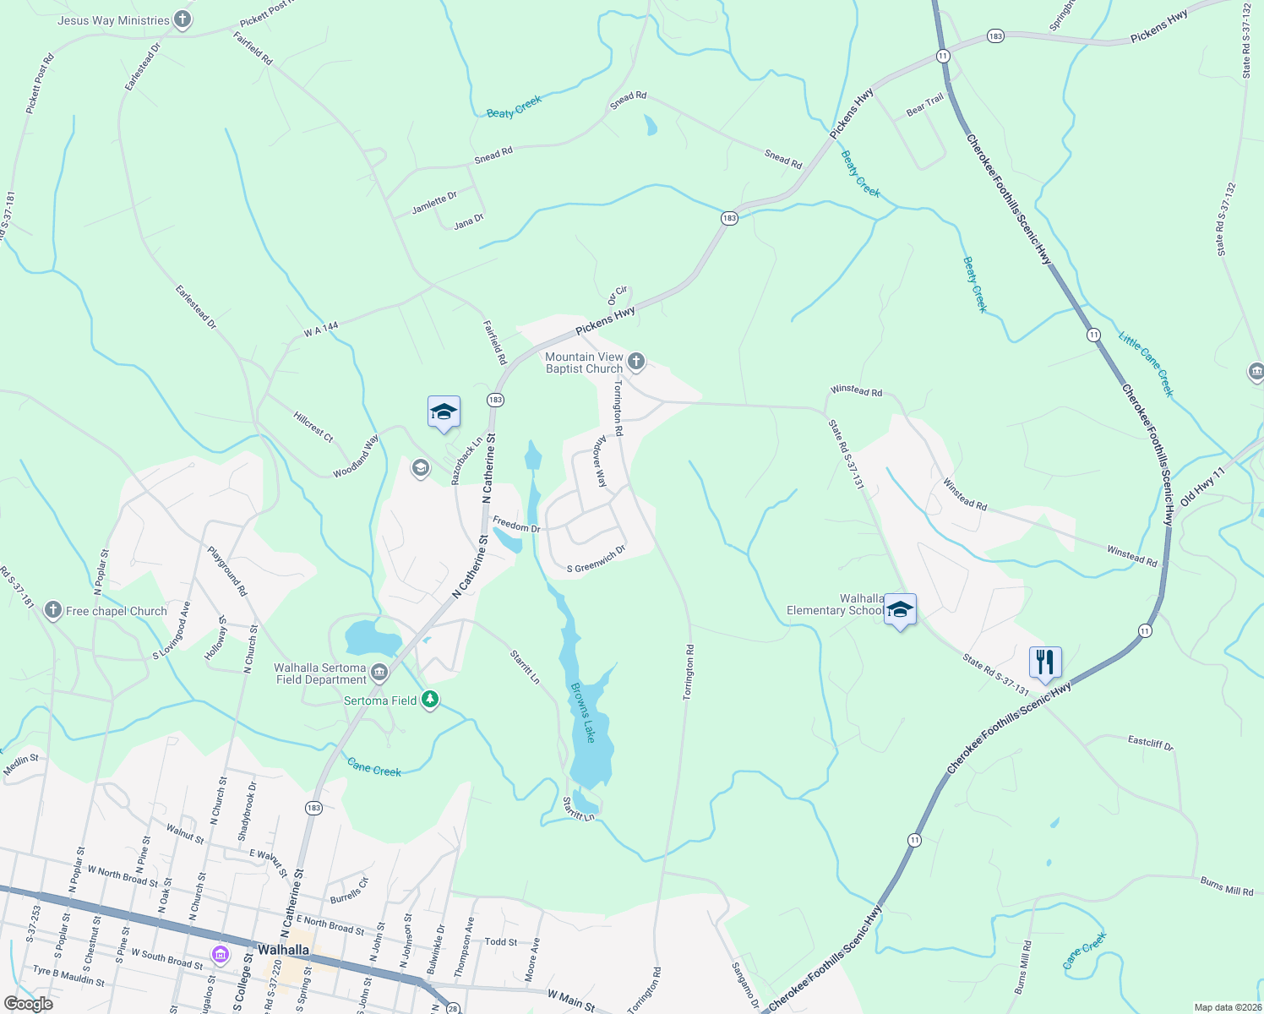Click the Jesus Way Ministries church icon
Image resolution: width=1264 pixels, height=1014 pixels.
point(183,19)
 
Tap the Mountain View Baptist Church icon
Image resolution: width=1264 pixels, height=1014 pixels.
point(636,363)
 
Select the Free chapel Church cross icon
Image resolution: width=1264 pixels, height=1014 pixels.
point(53,610)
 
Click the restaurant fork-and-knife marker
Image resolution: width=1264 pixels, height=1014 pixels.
point(1045,661)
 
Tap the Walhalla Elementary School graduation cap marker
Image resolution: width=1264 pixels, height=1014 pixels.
point(900,609)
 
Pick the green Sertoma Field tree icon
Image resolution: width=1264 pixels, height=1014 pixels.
point(430,700)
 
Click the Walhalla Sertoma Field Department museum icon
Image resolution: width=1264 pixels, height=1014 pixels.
point(379,673)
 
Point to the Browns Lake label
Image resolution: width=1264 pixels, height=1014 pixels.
point(583,712)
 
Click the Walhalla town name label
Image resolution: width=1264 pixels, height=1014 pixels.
point(283,950)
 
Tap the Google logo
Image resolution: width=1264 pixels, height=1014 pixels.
point(28,1004)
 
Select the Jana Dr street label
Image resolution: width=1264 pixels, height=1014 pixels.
point(469,222)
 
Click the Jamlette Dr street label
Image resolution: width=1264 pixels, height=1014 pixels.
point(434,203)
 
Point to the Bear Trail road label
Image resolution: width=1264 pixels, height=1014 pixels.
point(925,105)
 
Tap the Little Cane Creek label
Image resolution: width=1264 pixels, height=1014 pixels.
point(1147,364)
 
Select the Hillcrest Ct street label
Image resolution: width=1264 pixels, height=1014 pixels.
point(313,427)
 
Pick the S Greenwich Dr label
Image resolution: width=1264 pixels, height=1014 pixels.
point(596,559)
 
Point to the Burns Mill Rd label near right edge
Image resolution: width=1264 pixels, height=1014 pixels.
point(1227,886)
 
